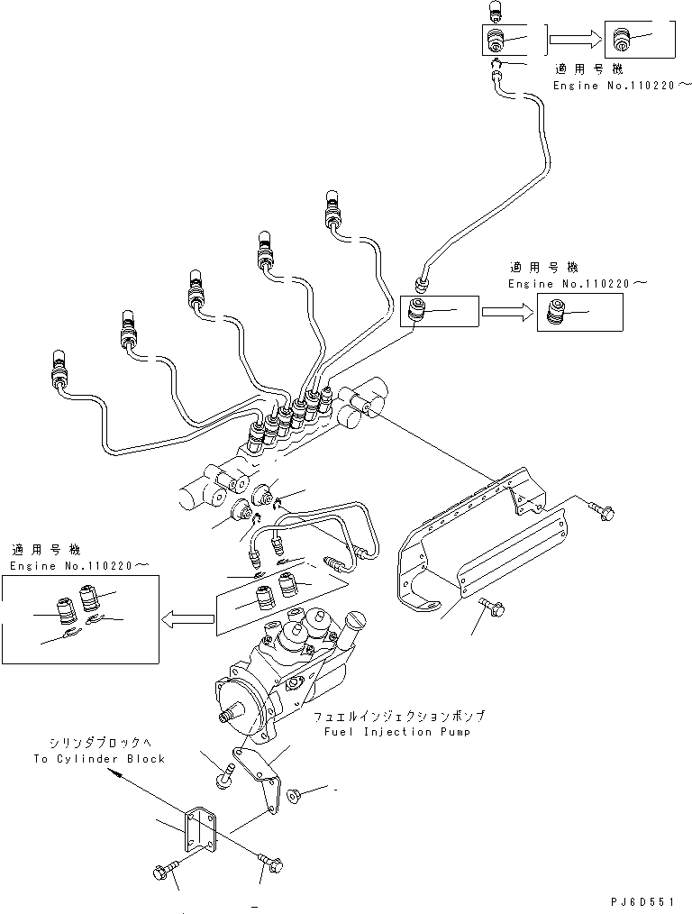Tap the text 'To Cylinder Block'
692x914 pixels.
[99, 759]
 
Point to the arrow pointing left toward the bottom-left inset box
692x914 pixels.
[187, 618]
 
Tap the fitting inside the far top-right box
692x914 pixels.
[619, 39]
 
